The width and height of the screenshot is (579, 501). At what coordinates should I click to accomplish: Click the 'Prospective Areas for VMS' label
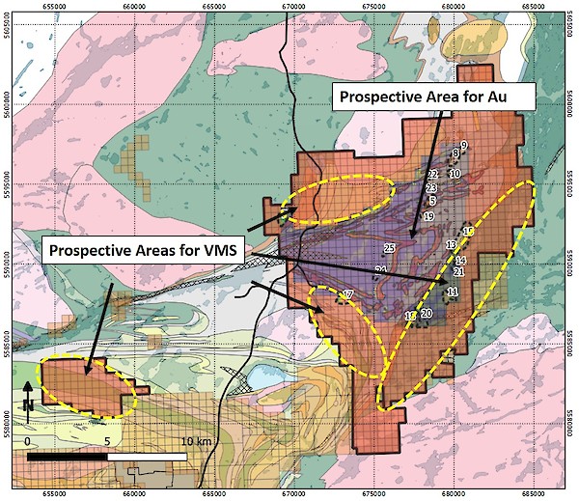pyautogui.click(x=143, y=250)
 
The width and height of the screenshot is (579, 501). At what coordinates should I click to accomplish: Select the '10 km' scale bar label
pyautogui.click(x=196, y=440)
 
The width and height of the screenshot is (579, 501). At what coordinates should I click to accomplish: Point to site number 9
pyautogui.click(x=463, y=145)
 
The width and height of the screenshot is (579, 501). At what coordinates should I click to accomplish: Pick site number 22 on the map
pyautogui.click(x=433, y=174)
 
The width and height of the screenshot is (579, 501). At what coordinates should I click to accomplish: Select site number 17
pyautogui.click(x=348, y=293)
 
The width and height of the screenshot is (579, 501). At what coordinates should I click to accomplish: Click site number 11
pyautogui.click(x=453, y=291)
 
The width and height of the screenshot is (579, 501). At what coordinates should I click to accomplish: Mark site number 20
pyautogui.click(x=427, y=313)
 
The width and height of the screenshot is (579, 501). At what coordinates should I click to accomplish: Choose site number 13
pyautogui.click(x=451, y=245)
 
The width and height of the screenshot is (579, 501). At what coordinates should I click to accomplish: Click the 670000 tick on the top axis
pyautogui.click(x=296, y=6)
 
